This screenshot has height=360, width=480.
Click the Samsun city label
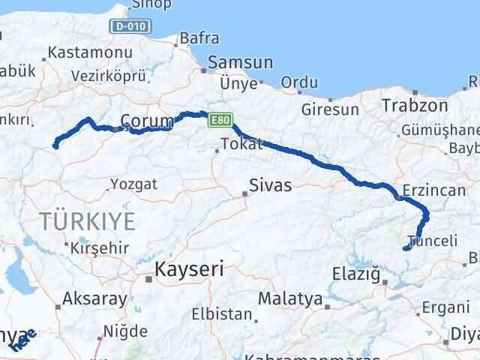pyautogui.click(x=235, y=63)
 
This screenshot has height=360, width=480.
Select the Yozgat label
pyautogui.click(x=133, y=184)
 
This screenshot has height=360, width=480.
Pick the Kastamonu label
pyautogui.click(x=89, y=53)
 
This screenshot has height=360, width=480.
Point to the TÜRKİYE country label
pyautogui.click(x=88, y=221)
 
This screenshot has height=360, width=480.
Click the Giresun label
pyautogui.click(x=330, y=109)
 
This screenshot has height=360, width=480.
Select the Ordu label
pyautogui.click(x=299, y=82)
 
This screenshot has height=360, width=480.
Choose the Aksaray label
pyautogui.click(x=94, y=298)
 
